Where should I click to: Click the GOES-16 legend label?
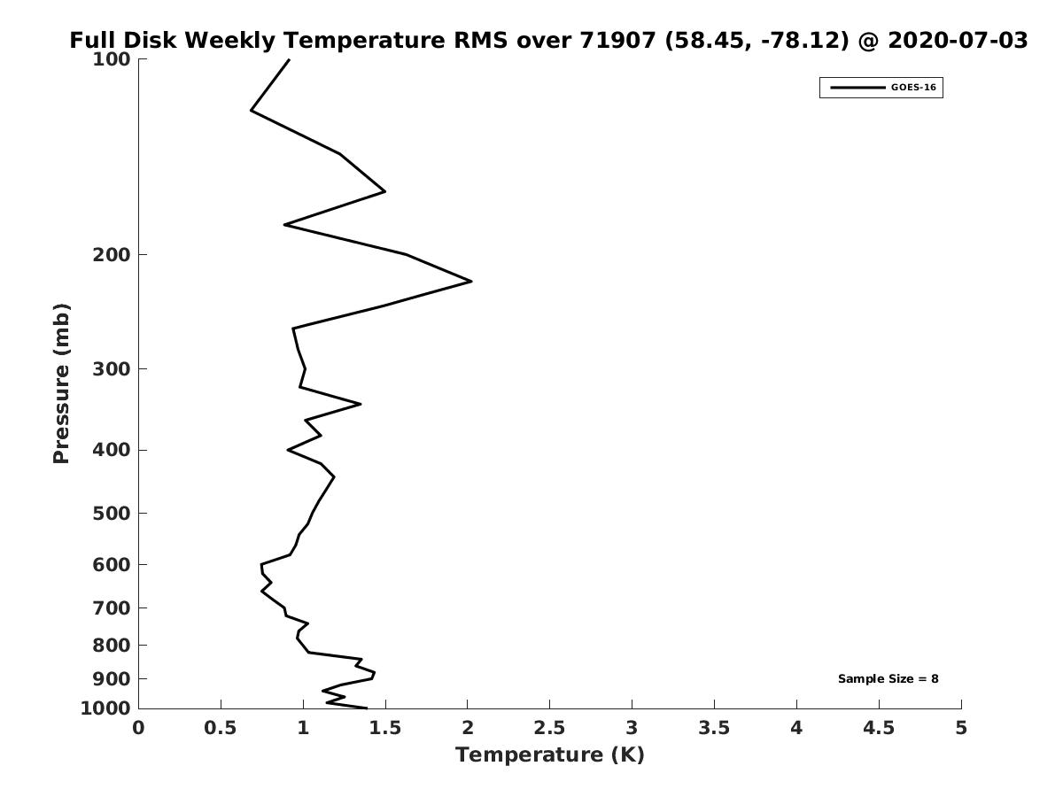(x=912, y=88)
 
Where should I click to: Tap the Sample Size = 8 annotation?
(x=888, y=679)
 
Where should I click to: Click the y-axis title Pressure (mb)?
(x=61, y=383)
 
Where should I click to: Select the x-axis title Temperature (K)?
(x=549, y=754)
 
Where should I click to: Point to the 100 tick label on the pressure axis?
(x=113, y=59)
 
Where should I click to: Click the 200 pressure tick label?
(x=113, y=255)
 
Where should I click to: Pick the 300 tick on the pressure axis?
(x=113, y=368)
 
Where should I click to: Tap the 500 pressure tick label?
(x=113, y=514)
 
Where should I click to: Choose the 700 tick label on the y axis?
(x=113, y=607)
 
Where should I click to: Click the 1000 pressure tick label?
(x=107, y=708)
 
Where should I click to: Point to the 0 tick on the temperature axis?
(x=139, y=728)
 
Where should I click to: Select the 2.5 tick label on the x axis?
(x=549, y=728)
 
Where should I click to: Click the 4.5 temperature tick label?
(x=879, y=728)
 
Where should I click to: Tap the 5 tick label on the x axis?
(x=961, y=728)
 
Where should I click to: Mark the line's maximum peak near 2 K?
(x=470, y=282)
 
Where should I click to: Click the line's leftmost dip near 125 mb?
(x=252, y=111)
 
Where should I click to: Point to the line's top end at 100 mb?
(x=289, y=59)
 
